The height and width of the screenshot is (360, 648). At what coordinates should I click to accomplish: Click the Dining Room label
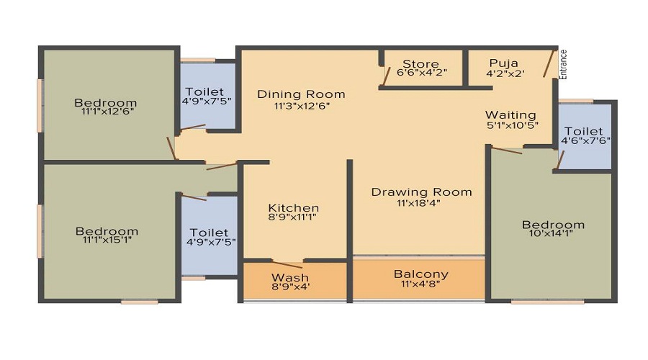click(x=301, y=94)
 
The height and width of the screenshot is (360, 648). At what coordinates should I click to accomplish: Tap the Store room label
click(x=420, y=63)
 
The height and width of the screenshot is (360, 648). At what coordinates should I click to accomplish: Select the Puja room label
click(x=504, y=63)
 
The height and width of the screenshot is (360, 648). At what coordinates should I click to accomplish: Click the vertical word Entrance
click(x=564, y=64)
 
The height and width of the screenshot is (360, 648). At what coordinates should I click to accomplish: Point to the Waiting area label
click(x=510, y=115)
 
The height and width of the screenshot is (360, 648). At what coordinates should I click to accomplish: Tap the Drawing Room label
click(x=421, y=192)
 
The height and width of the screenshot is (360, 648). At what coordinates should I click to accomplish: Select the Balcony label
click(x=420, y=274)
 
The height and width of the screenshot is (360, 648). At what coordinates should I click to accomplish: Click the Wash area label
click(x=290, y=277)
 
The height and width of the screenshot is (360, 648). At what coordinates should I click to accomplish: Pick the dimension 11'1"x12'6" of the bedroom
click(x=105, y=112)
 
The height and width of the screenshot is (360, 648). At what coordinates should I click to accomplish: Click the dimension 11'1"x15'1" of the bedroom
click(x=107, y=240)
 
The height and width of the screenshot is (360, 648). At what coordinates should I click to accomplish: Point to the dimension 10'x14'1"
click(x=553, y=234)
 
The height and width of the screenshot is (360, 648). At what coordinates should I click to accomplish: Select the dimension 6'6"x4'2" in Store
click(x=421, y=73)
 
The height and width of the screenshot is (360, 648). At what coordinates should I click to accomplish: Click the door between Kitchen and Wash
click(x=287, y=263)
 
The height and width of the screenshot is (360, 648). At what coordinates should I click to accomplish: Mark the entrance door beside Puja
click(x=551, y=63)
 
